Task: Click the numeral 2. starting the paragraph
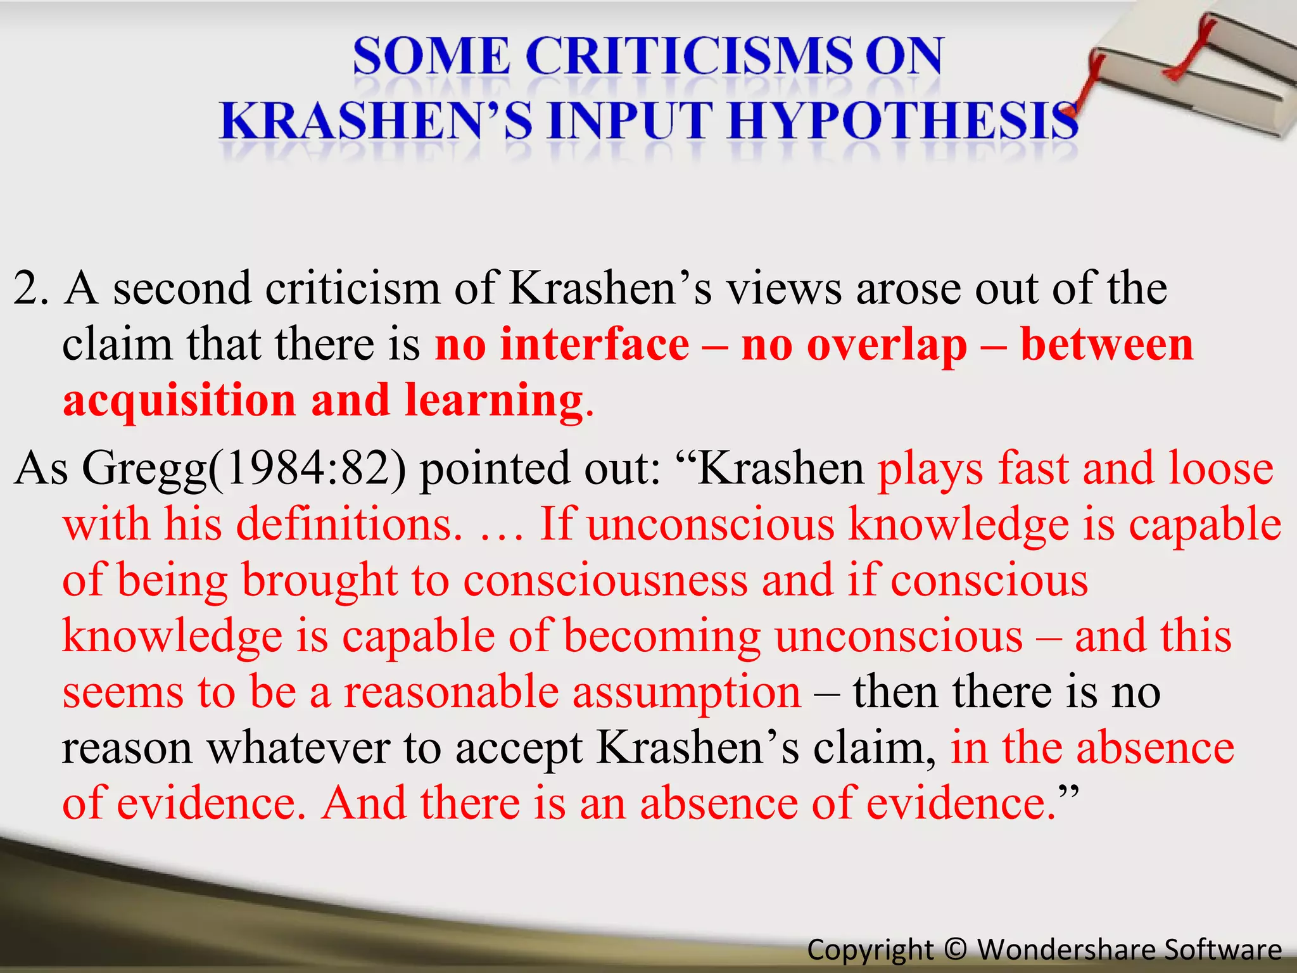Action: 30,289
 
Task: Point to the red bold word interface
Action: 594,346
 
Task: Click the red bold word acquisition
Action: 179,402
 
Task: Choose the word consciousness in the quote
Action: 605,580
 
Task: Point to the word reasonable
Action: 451,692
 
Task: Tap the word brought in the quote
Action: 320,580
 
